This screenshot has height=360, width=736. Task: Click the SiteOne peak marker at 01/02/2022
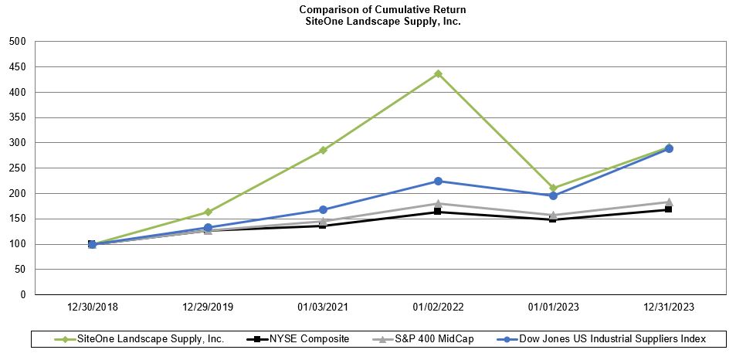tap(438, 73)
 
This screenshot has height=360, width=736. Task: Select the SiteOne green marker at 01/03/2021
tap(323, 150)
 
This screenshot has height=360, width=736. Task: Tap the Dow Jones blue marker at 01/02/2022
tap(438, 181)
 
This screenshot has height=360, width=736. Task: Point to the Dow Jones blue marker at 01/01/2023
tap(553, 195)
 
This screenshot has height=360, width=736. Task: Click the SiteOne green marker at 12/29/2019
tap(208, 212)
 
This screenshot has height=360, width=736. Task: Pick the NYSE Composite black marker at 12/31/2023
tap(668, 209)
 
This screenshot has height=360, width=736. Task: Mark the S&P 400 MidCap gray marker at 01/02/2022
tap(438, 203)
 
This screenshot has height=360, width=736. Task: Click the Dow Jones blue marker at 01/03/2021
tap(323, 209)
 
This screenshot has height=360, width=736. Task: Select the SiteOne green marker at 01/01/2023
tap(553, 188)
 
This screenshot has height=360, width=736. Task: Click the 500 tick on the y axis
tap(17, 41)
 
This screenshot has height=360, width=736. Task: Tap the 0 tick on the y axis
tap(22, 294)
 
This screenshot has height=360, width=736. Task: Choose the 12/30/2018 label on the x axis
tap(92, 307)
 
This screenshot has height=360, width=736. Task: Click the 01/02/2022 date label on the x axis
tap(438, 307)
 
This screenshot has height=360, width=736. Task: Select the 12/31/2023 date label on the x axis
tap(668, 307)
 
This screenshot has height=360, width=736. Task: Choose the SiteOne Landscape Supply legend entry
tap(147, 338)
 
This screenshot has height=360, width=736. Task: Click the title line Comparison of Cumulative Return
tap(382, 9)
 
